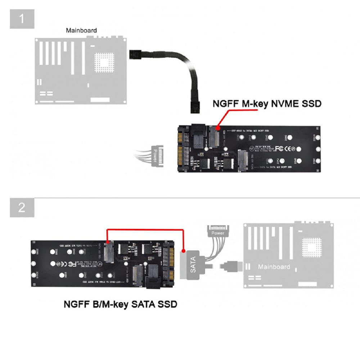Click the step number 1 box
tap(22, 18)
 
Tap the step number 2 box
tap(22, 207)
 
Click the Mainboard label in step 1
tap(81, 31)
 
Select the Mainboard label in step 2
tap(274, 267)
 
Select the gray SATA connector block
tap(193, 265)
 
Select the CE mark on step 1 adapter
tap(289, 148)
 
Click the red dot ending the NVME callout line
tap(218, 127)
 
